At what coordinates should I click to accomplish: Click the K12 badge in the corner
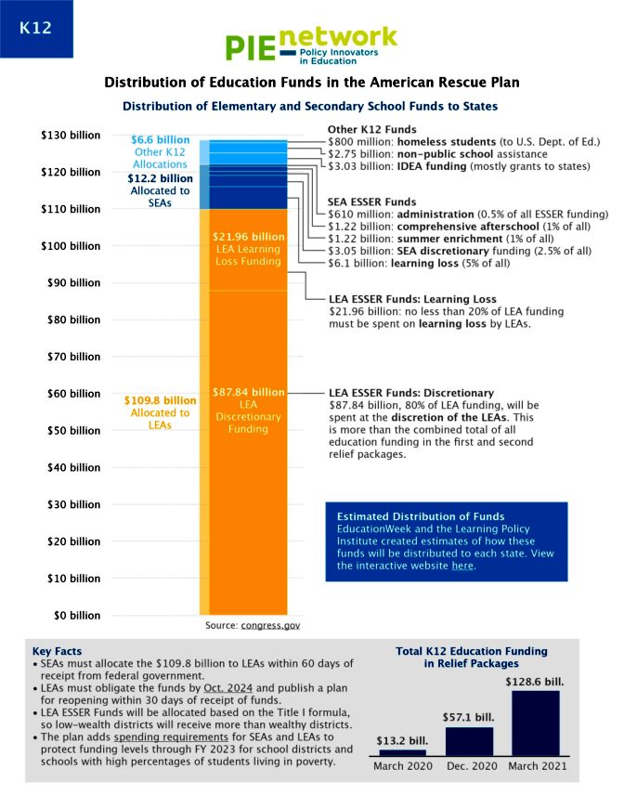tap(35, 28)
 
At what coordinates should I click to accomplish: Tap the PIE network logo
tap(311, 46)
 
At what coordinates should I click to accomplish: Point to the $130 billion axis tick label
tap(71, 136)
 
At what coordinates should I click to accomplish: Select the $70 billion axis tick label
tap(73, 357)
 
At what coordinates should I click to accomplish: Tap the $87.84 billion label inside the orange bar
tap(248, 392)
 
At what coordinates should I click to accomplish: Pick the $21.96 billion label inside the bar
tap(248, 237)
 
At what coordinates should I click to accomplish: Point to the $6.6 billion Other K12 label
tap(160, 139)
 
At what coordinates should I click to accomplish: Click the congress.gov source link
tap(270, 627)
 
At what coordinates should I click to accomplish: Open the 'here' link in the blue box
tap(461, 566)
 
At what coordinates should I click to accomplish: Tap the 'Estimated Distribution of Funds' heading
tap(421, 516)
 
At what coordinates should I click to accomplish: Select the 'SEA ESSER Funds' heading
tap(371, 202)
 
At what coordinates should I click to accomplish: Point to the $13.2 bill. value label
tap(402, 740)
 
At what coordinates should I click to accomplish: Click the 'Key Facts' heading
tap(57, 651)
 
